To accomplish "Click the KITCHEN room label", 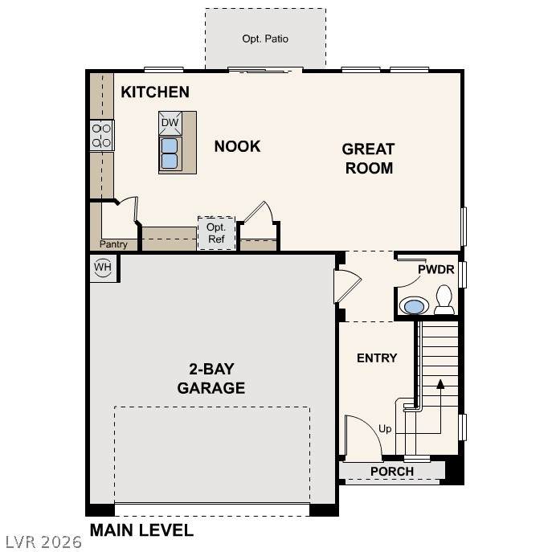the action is click(x=155, y=92).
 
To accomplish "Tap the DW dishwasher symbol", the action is click(x=170, y=123).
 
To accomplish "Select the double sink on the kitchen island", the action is click(x=170, y=153).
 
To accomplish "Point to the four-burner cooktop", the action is click(x=102, y=136).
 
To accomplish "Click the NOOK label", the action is click(x=237, y=146).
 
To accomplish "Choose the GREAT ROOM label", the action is click(x=368, y=158).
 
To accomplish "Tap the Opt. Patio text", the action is click(x=265, y=39).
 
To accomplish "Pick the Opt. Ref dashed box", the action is click(x=216, y=233).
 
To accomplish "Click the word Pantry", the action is click(x=113, y=244).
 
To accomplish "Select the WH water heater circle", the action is click(x=103, y=267).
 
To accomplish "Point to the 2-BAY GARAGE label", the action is click(x=211, y=378).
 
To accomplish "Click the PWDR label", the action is click(x=435, y=269).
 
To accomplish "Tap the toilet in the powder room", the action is click(x=444, y=300).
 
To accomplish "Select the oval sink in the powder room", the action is click(x=414, y=305).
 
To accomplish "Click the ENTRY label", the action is click(x=377, y=358).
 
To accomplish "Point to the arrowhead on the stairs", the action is click(x=440, y=384).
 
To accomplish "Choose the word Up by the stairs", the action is click(x=385, y=429).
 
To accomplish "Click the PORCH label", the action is click(x=392, y=472).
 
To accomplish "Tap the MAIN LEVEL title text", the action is click(x=141, y=530).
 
